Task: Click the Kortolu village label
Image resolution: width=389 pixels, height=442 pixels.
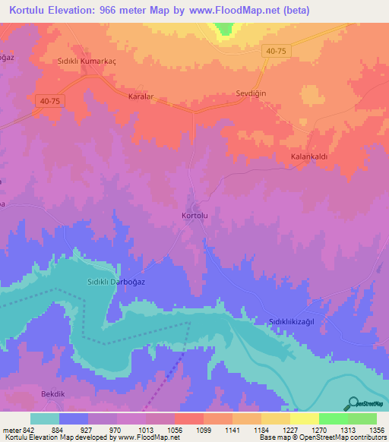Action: coord(195,216)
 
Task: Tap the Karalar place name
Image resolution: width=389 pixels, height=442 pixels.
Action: coord(140,97)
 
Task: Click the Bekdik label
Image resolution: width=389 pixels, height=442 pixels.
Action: coord(55,395)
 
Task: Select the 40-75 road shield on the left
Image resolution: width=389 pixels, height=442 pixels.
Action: coord(48,99)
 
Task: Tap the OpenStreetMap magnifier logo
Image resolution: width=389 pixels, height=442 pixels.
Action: coord(353,404)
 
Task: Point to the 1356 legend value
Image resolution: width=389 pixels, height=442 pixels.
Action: coord(365,429)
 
